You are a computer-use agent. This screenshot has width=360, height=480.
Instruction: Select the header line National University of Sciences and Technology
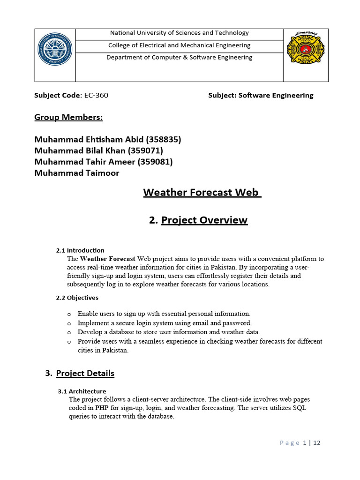click(179, 33)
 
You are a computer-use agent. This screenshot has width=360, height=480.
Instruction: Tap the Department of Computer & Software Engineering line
click(179, 58)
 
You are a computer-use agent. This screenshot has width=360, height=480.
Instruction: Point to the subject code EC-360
click(96, 96)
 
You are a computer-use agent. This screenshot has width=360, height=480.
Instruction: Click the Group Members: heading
click(68, 117)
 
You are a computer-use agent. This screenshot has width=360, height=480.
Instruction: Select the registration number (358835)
click(164, 140)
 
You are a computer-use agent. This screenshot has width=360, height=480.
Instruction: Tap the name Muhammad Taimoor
click(77, 173)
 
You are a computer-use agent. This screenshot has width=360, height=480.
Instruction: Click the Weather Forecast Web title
click(202, 193)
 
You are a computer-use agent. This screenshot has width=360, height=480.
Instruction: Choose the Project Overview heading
click(204, 220)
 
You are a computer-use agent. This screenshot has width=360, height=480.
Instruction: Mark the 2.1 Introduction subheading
click(80, 250)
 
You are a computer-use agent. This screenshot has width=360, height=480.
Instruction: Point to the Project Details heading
click(85, 374)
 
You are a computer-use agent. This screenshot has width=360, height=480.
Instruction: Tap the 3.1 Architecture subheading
click(82, 391)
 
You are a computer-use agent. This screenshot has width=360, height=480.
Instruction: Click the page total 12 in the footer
click(317, 443)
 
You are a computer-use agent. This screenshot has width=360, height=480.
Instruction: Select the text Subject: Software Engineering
click(261, 96)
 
